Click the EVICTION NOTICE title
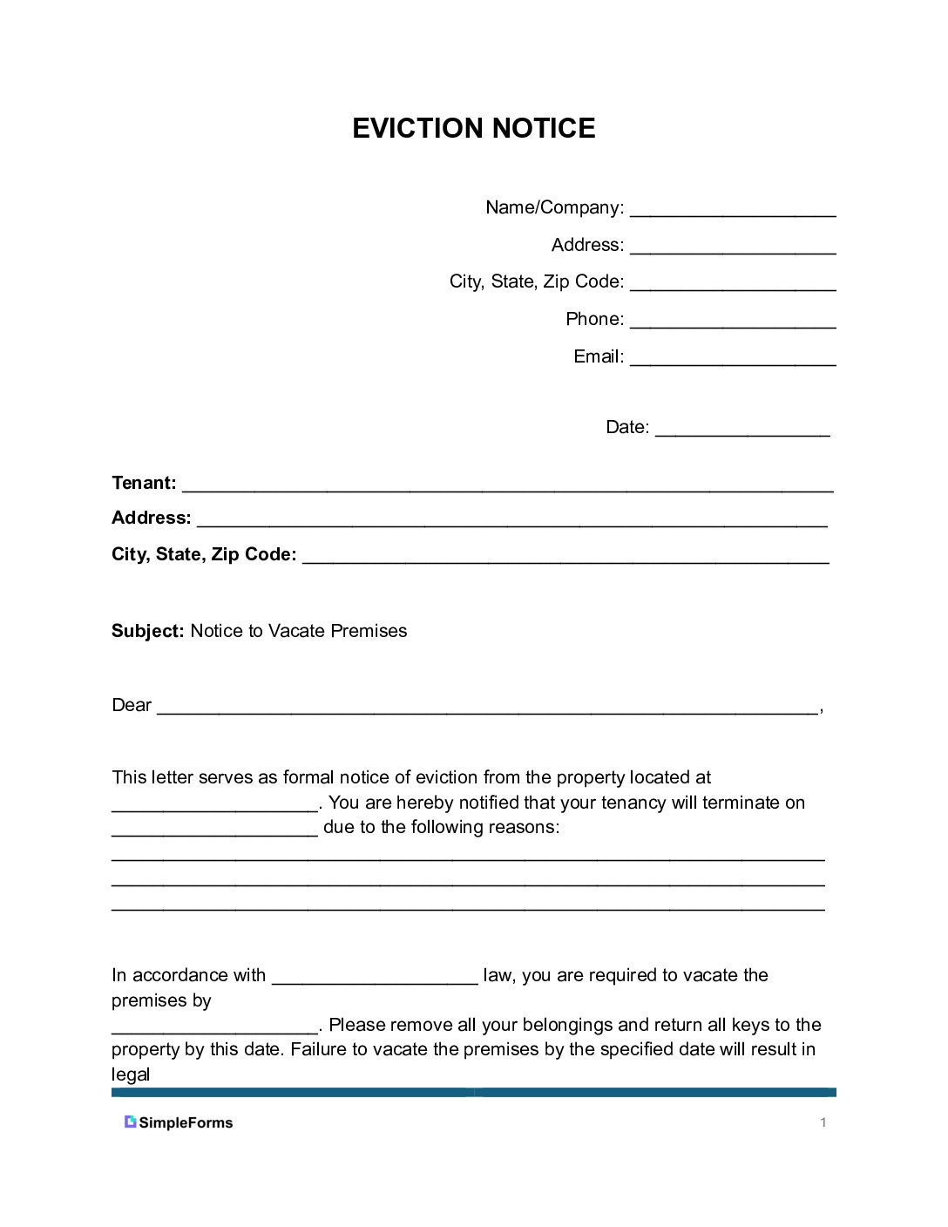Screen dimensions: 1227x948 pyautogui.click(x=473, y=128)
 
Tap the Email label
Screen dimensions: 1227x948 pyautogui.click(x=598, y=356)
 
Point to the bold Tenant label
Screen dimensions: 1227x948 pyautogui.click(x=144, y=483)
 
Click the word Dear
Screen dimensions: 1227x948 pyautogui.click(x=132, y=705)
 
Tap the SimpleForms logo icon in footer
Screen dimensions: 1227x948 pyautogui.click(x=130, y=1122)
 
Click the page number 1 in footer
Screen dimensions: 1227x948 pyautogui.click(x=823, y=1122)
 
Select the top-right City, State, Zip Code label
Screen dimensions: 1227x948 pyautogui.click(x=537, y=281)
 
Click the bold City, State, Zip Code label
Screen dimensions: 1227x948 pyautogui.click(x=204, y=554)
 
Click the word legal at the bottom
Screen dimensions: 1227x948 pyautogui.click(x=131, y=1074)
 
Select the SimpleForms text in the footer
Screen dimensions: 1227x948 pyautogui.click(x=186, y=1122)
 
